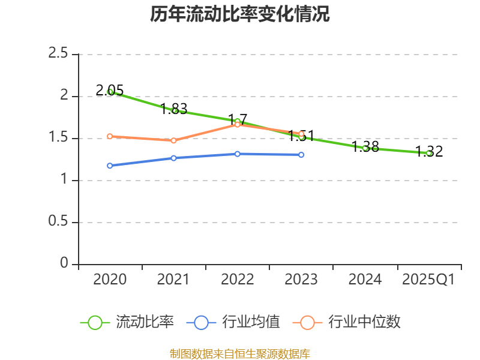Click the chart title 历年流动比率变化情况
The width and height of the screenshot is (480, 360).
pos(240,14)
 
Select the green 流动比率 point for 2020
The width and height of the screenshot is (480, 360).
pos(110,92)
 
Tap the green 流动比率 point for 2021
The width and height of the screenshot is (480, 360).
pos(174,110)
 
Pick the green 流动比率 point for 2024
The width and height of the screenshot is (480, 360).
pos(365,148)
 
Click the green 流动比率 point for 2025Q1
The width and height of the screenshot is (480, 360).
pos(429,153)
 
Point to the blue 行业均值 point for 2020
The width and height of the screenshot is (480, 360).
pos(110,166)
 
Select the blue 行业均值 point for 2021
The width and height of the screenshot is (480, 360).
pos(174,158)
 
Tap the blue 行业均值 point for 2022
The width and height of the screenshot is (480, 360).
pos(238,154)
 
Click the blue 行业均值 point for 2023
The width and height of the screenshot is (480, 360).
pos(301,155)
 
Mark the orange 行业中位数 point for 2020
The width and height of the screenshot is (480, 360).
pos(110,136)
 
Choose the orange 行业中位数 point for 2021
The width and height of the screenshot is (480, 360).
pos(174,140)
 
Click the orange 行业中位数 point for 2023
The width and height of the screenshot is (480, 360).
pos(301,134)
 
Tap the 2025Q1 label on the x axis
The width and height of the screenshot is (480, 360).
pos(428,280)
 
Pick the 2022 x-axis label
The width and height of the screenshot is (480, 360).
pos(238,280)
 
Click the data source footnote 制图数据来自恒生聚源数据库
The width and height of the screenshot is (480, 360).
pos(240,353)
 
